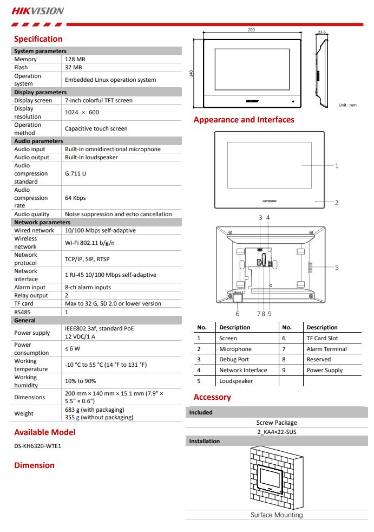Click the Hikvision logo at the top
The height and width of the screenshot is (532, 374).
click(38, 10)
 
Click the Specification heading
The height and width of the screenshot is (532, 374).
click(38, 39)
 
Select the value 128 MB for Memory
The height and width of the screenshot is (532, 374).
click(75, 59)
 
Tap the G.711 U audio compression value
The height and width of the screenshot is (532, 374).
click(75, 173)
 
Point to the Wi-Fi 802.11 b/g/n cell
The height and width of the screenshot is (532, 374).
click(89, 243)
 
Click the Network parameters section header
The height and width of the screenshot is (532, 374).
click(42, 222)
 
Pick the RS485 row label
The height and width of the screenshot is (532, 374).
click(23, 312)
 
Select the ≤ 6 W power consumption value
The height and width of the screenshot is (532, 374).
click(73, 348)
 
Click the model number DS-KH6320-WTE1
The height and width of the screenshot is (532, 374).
click(38, 446)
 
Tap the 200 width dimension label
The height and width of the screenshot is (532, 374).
click(251, 30)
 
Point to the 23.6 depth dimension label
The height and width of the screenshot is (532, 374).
click(322, 33)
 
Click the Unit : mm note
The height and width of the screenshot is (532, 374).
click(347, 105)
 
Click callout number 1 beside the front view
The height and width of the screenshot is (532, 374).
click(337, 166)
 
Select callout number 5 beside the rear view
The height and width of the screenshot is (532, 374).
click(337, 267)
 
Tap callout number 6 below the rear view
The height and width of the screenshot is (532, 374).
click(237, 314)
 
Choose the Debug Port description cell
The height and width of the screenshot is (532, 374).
click(234, 359)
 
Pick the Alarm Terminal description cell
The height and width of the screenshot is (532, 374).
click(326, 349)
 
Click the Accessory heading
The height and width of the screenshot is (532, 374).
click(212, 397)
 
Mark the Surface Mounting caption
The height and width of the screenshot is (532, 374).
click(277, 515)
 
